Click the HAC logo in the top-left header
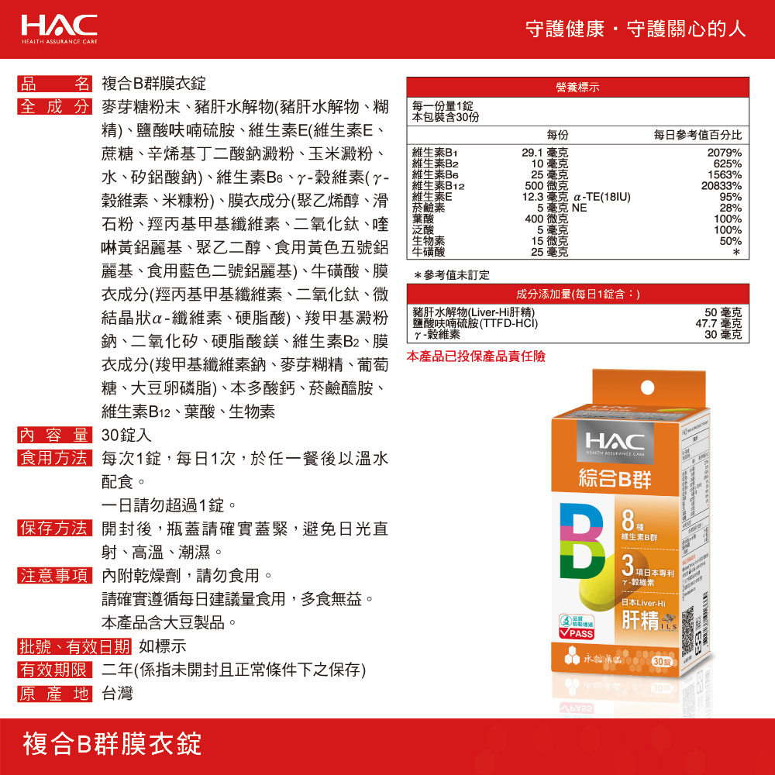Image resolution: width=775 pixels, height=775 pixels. [x=59, y=28]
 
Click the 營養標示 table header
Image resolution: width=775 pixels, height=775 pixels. [x=577, y=87]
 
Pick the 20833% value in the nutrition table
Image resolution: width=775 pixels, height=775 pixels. [x=721, y=186]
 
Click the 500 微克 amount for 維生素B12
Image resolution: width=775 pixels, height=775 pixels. [x=546, y=186]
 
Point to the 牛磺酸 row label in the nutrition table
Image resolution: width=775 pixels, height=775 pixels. [x=429, y=252]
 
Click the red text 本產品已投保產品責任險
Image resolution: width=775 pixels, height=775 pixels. [x=476, y=356]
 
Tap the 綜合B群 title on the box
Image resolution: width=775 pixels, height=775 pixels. [x=615, y=479]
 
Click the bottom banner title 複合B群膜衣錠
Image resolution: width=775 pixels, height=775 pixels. [x=112, y=743]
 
